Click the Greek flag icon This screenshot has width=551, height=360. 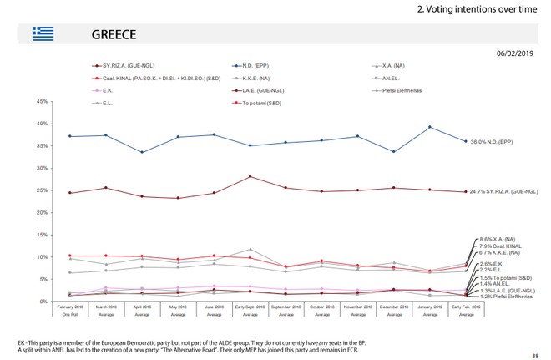coord(42,34)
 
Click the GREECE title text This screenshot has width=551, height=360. coord(112,35)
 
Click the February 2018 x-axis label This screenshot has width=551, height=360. coord(69,309)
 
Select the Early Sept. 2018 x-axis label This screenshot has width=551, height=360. coord(250,309)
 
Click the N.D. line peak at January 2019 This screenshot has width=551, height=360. coord(429,127)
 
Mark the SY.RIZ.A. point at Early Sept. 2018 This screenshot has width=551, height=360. coord(250,176)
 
